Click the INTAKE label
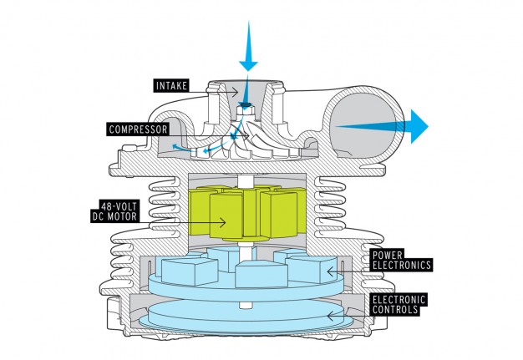[171, 86]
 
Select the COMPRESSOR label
[138, 129]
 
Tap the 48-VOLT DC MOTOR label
[114, 211]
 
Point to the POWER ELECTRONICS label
[402, 260]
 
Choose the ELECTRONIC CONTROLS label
[399, 304]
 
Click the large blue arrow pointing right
[382, 126]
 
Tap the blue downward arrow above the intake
[248, 46]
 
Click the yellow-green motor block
[247, 213]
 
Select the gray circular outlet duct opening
[363, 125]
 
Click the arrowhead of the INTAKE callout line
[236, 92]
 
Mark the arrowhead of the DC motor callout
[223, 222]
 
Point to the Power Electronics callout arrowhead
[330, 271]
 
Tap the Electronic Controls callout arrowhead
[330, 316]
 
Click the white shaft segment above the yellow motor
[246, 181]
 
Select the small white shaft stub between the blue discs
[245, 305]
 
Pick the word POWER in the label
[388, 255]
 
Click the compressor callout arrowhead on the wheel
[246, 135]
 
